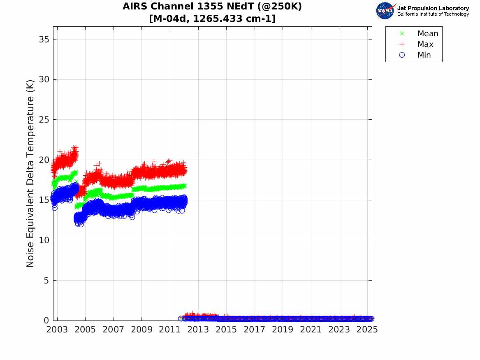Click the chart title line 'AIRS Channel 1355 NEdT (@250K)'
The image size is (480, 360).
212,7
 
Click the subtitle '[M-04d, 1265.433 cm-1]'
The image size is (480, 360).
212,19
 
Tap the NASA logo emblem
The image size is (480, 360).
385,11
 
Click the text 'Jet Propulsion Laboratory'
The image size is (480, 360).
433,8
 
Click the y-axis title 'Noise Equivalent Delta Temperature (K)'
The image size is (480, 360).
30,174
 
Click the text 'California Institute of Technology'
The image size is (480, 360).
433,14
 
